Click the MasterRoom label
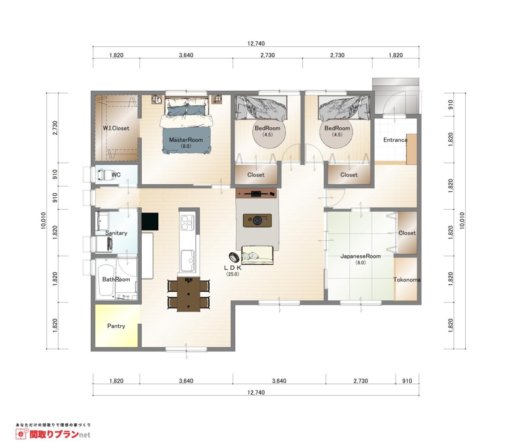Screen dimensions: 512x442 coord(186,140)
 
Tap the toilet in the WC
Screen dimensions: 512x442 coord(106,174)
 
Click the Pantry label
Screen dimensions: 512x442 coord(116,326)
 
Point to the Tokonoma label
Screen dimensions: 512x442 coord(407,280)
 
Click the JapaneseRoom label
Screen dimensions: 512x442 coord(361,256)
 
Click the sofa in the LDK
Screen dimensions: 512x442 coord(257,255)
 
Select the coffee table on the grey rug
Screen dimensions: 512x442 coord(257,220)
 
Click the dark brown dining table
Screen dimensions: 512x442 coord(189,294)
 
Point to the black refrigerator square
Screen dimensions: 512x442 coord(150,221)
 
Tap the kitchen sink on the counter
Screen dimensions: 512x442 coord(187,260)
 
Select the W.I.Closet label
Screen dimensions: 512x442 coord(116,129)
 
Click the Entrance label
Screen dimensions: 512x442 coord(395,140)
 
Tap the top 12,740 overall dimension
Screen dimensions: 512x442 coord(256,44)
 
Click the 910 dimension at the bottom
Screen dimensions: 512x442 coord(407,381)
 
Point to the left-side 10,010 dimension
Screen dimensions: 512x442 coord(44,221)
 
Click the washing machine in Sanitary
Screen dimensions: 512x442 coord(104,244)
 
